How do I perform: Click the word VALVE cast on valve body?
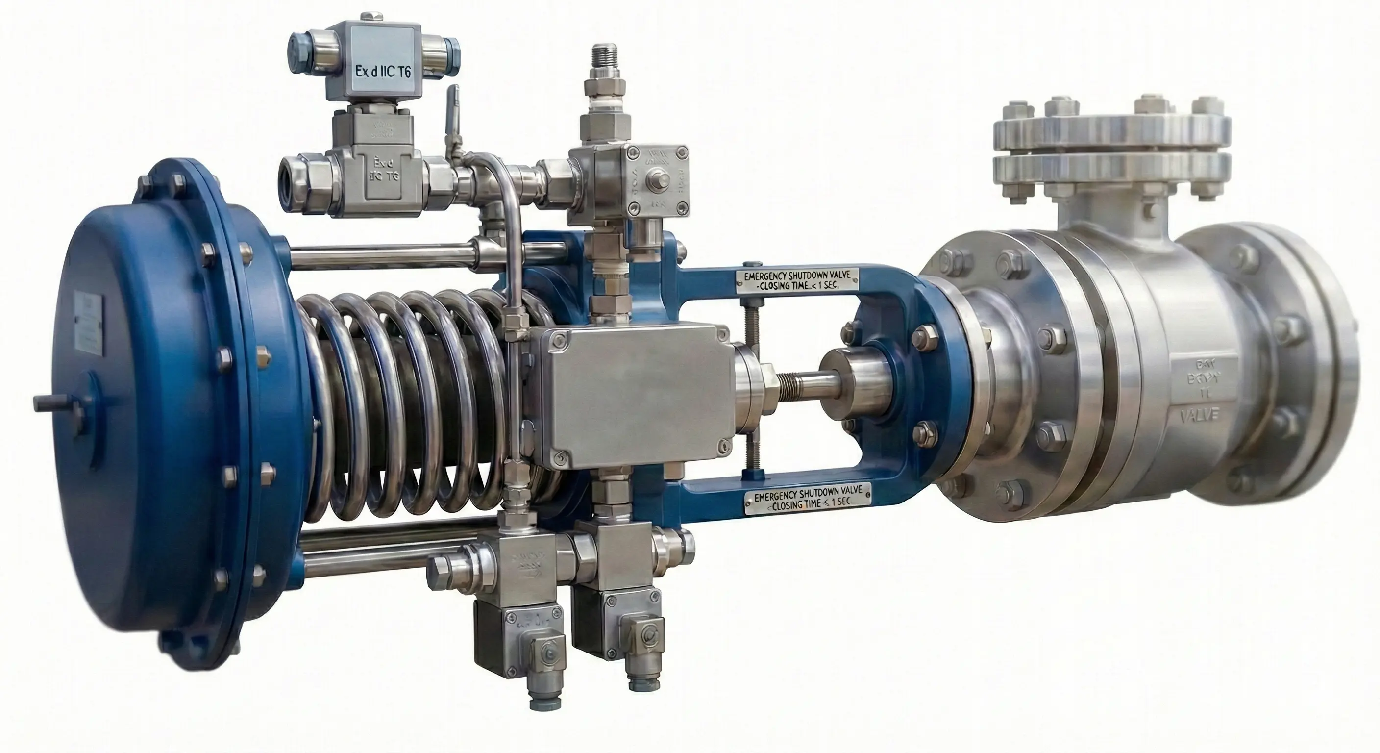[x=1200, y=415]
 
